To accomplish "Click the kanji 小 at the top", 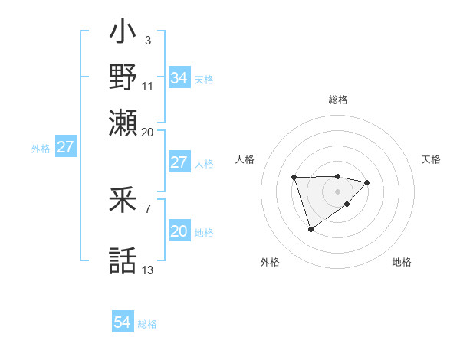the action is (123, 34).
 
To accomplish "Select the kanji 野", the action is (123, 77).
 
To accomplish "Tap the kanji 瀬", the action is (123, 122).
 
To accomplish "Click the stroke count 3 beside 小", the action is (147, 39).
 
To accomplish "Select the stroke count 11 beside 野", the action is (148, 86).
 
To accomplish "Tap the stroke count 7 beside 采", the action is (147, 208).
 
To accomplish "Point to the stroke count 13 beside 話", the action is (148, 270).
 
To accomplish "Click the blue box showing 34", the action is (179, 78).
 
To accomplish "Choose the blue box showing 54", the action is (122, 323).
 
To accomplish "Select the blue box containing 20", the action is (179, 231).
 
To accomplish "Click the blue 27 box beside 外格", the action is (65, 147).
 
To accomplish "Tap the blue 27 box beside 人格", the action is (179, 162).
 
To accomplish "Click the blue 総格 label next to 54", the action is (147, 324).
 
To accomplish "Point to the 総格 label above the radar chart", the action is (337, 100).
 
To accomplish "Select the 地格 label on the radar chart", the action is (402, 263).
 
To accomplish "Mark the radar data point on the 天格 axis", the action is (367, 182).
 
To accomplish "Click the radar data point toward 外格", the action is (310, 229).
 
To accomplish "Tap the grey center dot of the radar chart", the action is (337, 190).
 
